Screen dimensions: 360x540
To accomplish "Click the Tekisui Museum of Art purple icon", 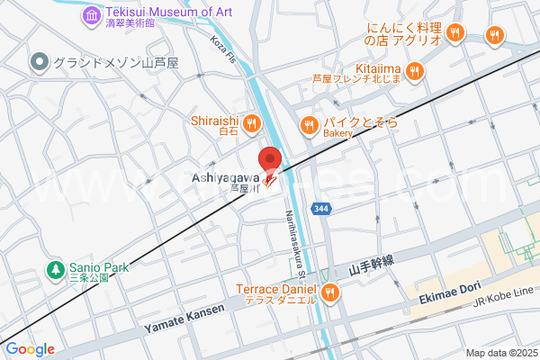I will coord(92,15).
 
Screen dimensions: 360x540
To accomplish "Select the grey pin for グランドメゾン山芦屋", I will coord(39,62).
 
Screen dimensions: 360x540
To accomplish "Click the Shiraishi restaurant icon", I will coord(249,122).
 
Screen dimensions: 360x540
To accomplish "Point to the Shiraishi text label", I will coord(213,121).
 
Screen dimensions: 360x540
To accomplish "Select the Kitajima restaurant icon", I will coord(415,70).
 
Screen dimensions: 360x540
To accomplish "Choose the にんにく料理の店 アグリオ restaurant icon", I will coord(456,33).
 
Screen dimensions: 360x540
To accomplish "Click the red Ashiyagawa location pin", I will coord(270,160).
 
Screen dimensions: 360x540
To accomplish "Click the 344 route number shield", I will coord(321,209).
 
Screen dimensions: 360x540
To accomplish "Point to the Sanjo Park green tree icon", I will coord(56,268).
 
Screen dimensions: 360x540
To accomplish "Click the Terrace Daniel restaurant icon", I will coord(331,292).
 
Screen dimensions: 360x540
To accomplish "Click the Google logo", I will coord(30,349).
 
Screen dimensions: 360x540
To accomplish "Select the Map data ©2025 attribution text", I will coord(500,353).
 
